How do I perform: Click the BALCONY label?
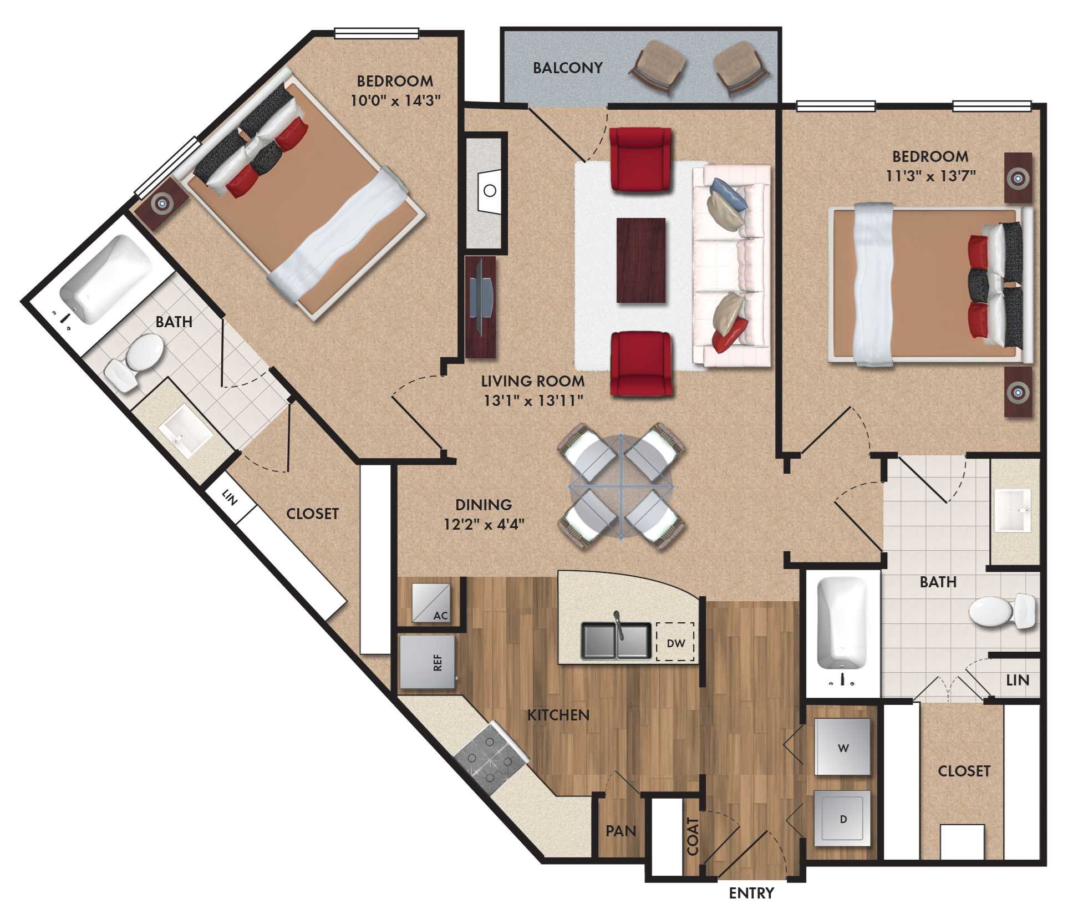[567, 68]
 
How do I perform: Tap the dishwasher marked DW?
[675, 643]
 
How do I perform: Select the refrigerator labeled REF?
[428, 662]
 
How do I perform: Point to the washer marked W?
[842, 747]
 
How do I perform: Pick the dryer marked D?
[842, 819]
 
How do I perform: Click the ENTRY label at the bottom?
[751, 892]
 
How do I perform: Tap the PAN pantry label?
[621, 830]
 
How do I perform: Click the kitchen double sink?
[616, 641]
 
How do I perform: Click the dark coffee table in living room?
[640, 260]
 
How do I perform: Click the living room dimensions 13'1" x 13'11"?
[533, 400]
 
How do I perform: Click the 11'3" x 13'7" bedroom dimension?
[930, 176]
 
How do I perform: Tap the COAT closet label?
[693, 836]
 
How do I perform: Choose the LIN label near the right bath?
[1017, 680]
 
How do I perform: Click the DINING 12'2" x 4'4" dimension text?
[484, 524]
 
